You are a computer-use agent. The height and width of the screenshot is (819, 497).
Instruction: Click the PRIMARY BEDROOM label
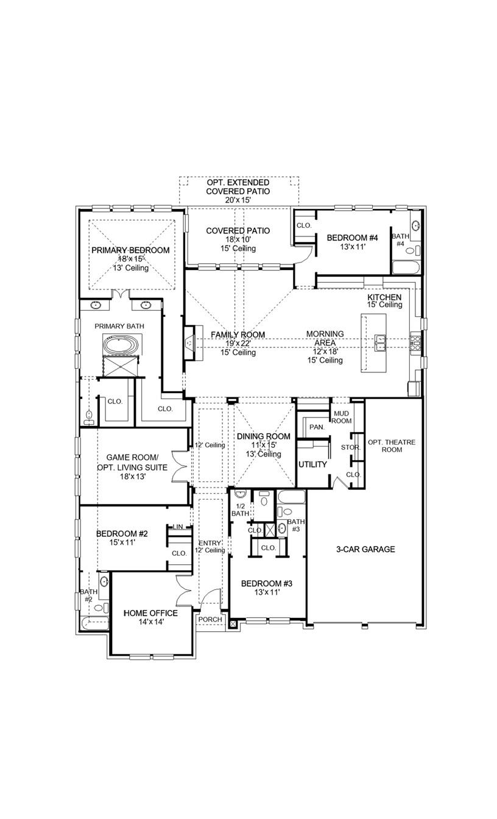point(130,250)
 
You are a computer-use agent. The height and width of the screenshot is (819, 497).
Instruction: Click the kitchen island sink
point(381,343)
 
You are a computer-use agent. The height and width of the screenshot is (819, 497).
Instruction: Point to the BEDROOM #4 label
point(353,238)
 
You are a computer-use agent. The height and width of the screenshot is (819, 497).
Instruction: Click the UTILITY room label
point(312,464)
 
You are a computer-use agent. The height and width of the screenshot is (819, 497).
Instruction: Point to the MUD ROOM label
point(341,417)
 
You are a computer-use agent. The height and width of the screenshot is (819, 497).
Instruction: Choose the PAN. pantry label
point(316,427)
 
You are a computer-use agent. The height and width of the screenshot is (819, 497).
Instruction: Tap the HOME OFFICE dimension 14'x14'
point(150,622)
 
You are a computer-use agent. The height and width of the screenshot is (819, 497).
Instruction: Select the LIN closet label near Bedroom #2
point(178,527)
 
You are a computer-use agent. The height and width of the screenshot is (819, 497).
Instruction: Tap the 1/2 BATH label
point(239,509)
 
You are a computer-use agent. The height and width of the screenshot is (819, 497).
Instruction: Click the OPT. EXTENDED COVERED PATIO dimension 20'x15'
point(238,200)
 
